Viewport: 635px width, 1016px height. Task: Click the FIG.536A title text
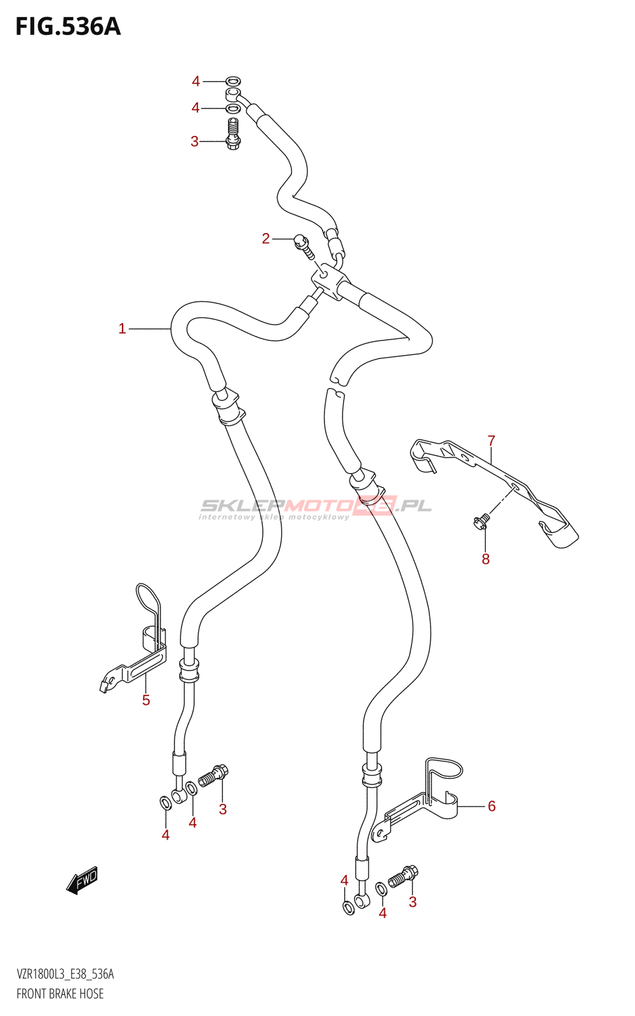click(x=68, y=27)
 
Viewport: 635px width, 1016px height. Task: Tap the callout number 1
click(x=122, y=328)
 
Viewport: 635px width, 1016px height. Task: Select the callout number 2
click(x=265, y=238)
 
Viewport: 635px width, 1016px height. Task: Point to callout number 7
click(x=491, y=440)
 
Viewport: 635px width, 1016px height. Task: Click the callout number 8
click(x=485, y=559)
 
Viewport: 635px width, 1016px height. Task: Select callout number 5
click(x=146, y=700)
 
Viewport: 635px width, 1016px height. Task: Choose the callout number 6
click(x=491, y=806)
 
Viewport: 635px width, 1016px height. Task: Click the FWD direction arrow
click(x=83, y=881)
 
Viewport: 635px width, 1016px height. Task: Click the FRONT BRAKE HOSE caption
click(x=60, y=993)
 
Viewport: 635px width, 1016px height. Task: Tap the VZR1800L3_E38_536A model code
click(x=65, y=974)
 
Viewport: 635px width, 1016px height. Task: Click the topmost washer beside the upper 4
click(x=233, y=81)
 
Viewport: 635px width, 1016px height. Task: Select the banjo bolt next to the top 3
click(x=233, y=133)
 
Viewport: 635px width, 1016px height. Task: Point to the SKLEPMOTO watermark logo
click(x=316, y=507)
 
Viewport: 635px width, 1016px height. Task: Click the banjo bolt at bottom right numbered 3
click(x=403, y=877)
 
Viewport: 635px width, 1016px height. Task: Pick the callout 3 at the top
click(x=194, y=141)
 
